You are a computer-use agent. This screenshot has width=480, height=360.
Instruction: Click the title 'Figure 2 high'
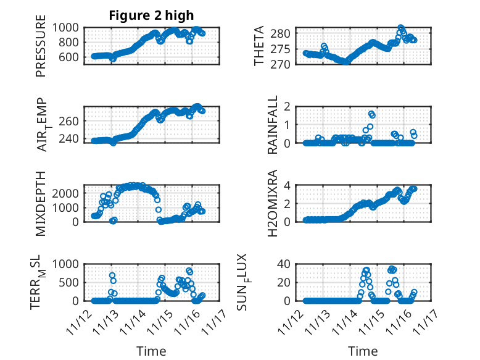[151, 15]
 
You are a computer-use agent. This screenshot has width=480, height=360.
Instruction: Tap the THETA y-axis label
[259, 47]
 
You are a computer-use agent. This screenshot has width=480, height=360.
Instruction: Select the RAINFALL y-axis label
[272, 125]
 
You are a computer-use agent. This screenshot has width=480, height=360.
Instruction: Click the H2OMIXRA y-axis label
[259, 203]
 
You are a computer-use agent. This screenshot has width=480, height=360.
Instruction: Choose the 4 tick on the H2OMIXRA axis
[291, 185]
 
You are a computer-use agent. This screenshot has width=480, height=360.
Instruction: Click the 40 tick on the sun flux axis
[288, 264]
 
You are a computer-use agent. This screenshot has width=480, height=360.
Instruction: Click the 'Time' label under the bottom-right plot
[363, 351]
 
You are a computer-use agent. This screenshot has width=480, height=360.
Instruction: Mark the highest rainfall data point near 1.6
[371, 114]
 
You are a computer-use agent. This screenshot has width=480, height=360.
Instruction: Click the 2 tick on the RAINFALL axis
[291, 106]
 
